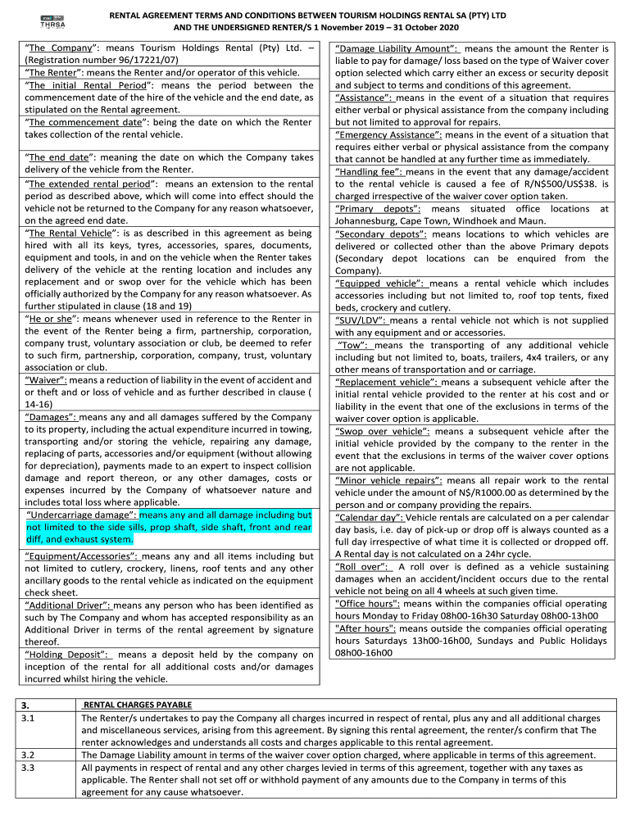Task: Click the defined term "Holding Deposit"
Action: [x=68, y=655]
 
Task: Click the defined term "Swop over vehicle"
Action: [x=381, y=432]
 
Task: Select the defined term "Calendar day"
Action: [x=369, y=517]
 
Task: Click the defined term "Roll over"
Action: [x=361, y=566]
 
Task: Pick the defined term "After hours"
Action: [x=365, y=628]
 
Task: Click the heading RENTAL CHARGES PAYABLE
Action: [x=138, y=705]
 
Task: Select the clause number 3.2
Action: [x=27, y=755]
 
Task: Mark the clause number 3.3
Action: [x=27, y=768]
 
